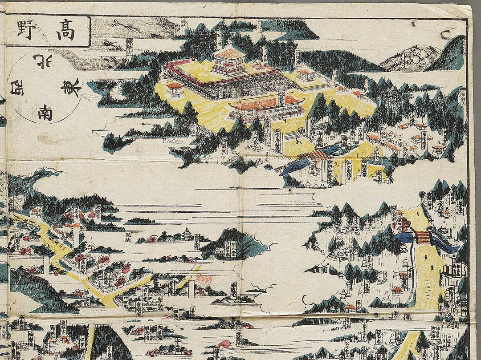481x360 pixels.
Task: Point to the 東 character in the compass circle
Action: click(x=71, y=87)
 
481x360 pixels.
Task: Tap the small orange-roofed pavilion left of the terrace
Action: click(x=175, y=88)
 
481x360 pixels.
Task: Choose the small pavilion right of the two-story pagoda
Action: click(x=306, y=74)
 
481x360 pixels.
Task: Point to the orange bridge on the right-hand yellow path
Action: click(x=424, y=238)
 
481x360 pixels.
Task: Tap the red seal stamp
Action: click(x=204, y=279)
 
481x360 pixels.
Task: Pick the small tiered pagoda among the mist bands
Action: click(x=187, y=234)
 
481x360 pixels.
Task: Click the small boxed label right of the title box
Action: click(x=128, y=44)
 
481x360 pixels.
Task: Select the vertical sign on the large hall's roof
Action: click(x=281, y=98)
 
